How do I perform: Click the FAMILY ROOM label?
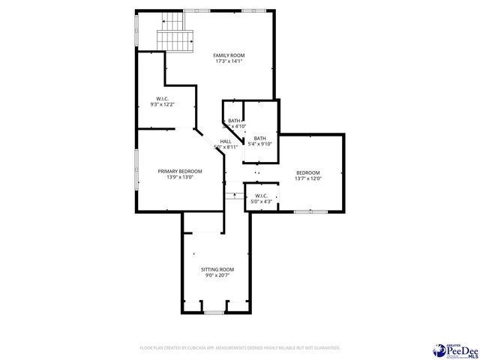(x=229, y=55)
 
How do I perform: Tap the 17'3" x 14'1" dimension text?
(x=229, y=61)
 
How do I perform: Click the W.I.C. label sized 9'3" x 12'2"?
(x=162, y=98)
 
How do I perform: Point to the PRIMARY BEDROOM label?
(x=180, y=171)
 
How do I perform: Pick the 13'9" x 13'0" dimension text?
(x=180, y=177)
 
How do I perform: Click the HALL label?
(x=226, y=141)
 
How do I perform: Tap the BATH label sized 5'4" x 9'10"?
(x=259, y=138)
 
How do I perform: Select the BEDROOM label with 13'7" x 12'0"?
(x=307, y=172)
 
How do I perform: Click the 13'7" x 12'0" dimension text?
(x=307, y=178)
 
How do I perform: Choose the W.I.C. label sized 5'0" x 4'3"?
(x=261, y=196)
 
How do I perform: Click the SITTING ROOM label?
(x=217, y=269)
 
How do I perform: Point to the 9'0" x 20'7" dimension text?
(x=217, y=275)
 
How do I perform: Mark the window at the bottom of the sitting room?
(x=214, y=312)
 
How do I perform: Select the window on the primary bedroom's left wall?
(x=136, y=171)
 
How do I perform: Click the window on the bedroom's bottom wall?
(x=307, y=211)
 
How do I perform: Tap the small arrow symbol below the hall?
(x=235, y=196)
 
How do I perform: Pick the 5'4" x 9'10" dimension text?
(x=259, y=144)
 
